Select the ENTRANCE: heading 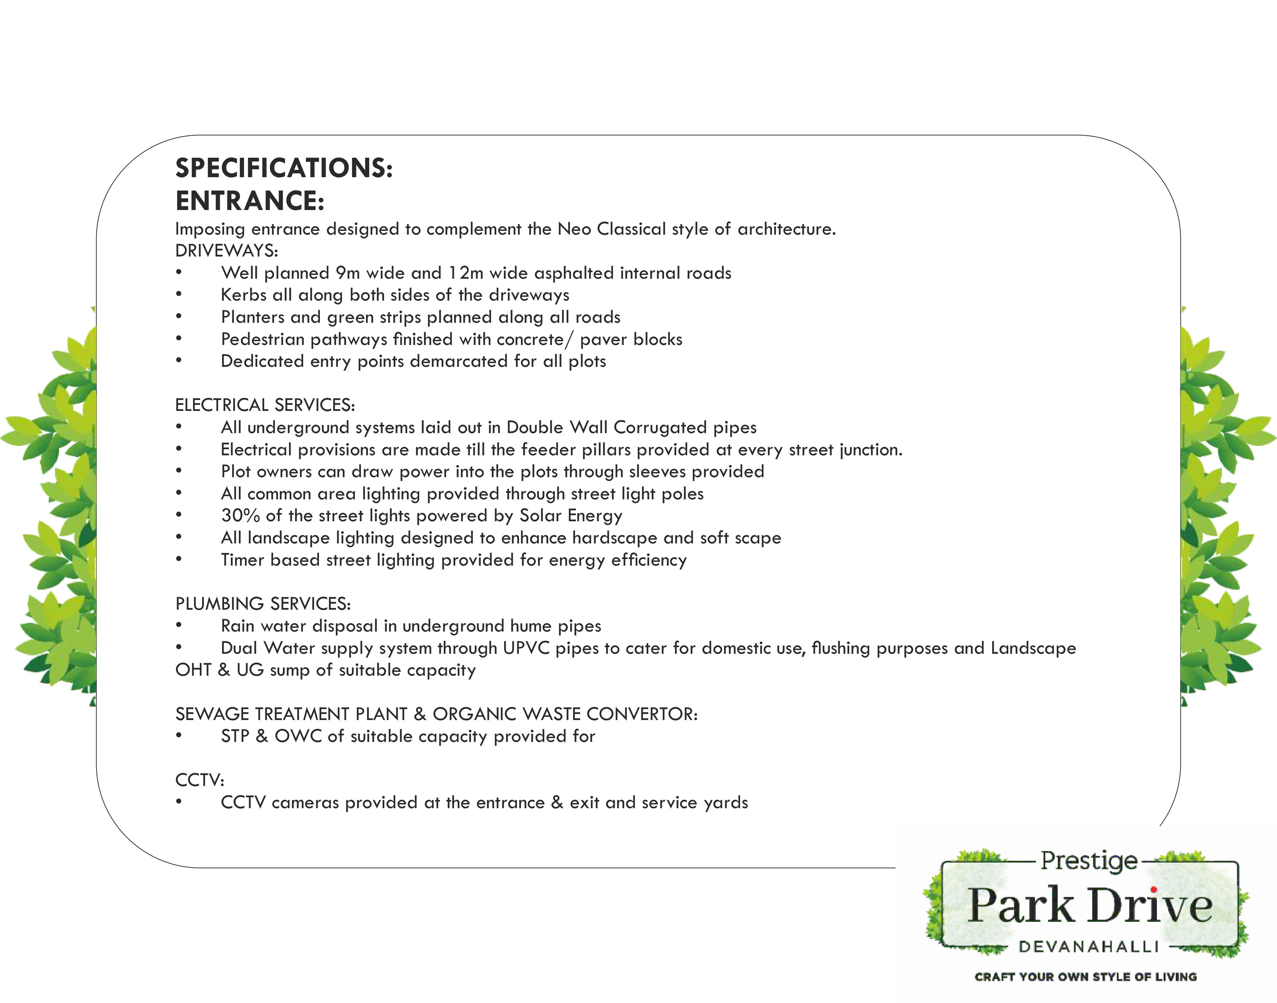(x=250, y=201)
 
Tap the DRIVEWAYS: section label (x=226, y=251)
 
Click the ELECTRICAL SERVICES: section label (x=265, y=405)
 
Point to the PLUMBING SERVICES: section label (x=263, y=604)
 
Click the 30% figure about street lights (x=240, y=515)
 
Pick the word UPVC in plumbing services (x=526, y=648)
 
